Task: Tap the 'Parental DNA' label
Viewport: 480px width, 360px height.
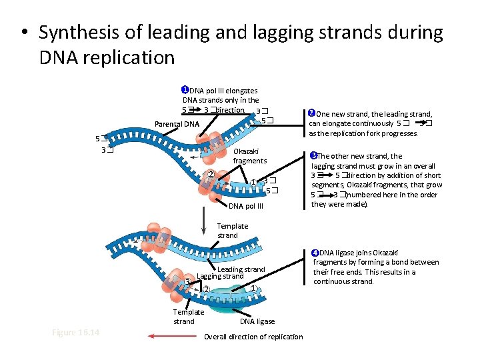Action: [x=177, y=124]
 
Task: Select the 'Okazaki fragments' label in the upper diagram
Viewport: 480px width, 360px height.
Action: [x=249, y=156]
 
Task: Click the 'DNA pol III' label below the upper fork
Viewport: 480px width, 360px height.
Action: [x=246, y=206]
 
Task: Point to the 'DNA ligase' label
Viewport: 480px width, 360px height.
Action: [x=257, y=321]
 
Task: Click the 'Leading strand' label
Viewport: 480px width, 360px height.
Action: [x=241, y=269]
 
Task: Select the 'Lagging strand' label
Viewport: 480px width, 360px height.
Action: [x=220, y=276]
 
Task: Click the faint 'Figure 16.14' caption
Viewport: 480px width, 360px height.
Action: [x=75, y=332]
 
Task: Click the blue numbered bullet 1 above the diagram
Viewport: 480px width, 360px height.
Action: [x=185, y=90]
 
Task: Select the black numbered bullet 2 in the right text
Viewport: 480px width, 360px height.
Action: [x=311, y=113]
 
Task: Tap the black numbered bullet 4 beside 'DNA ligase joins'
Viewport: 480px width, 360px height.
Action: [x=315, y=253]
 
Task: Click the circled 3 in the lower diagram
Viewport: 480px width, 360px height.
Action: [x=187, y=281]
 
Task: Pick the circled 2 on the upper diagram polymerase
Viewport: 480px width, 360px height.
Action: [x=210, y=175]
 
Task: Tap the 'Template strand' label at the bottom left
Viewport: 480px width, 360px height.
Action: [x=189, y=317]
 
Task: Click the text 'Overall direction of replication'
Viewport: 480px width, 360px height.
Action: [x=253, y=337]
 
